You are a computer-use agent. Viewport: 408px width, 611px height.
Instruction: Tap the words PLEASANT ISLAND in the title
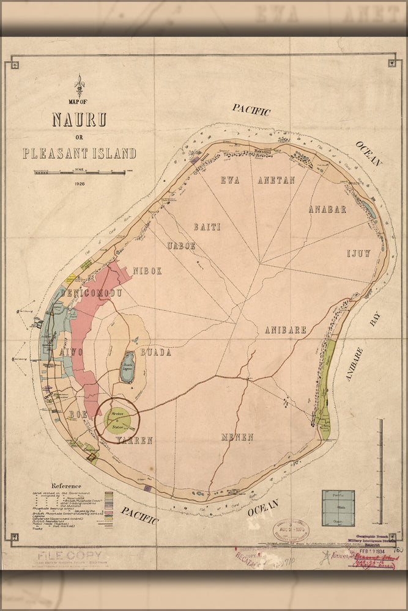79,153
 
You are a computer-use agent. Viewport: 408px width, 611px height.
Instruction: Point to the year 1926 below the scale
80,183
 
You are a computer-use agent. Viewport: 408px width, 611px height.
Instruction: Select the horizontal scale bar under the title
80,173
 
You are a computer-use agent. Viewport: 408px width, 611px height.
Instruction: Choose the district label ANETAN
276,180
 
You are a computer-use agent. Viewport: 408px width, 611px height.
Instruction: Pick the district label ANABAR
327,209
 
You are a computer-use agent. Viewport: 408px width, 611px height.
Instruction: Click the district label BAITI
207,227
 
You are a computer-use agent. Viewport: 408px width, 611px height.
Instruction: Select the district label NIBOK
147,271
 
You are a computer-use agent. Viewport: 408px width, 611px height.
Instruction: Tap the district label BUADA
156,353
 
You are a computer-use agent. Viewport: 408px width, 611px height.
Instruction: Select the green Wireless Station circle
117,419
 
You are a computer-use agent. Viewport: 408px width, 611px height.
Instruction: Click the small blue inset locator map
338,507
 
